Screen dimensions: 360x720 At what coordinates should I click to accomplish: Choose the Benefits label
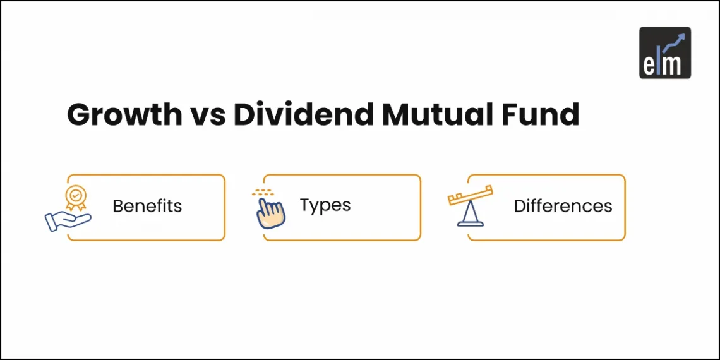click(147, 206)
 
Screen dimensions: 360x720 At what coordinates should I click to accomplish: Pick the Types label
click(325, 205)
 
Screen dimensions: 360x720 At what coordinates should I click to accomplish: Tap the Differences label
click(563, 206)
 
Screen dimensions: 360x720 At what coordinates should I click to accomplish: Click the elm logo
click(664, 52)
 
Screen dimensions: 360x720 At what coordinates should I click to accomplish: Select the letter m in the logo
click(675, 63)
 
